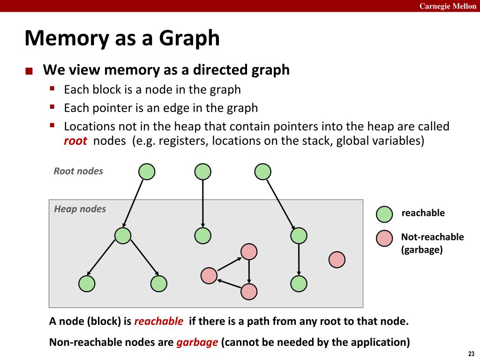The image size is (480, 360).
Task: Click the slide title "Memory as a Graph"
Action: tap(122, 38)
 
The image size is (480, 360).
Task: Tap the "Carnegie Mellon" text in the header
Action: tap(447, 6)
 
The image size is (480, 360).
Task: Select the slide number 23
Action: tap(471, 353)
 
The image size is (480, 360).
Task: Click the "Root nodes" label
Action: tap(78, 171)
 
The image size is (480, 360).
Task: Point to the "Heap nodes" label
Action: tap(80, 209)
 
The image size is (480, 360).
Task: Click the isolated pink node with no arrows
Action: tap(337, 259)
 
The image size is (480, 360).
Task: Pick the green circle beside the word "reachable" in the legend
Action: tap(384, 214)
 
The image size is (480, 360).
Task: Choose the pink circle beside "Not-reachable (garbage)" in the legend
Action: tap(384, 239)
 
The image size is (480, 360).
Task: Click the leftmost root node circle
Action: tap(147, 172)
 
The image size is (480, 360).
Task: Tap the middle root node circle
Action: tap(202, 172)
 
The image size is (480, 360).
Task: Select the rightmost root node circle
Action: tap(262, 172)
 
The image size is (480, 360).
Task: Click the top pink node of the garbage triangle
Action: tap(249, 252)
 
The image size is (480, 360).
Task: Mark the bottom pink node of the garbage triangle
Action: tap(249, 292)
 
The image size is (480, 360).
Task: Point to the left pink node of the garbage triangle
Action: tap(209, 276)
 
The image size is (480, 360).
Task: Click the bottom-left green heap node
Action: tap(87, 284)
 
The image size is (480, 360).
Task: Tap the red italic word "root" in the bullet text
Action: tap(75, 141)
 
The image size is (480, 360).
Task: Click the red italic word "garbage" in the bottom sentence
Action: tap(197, 342)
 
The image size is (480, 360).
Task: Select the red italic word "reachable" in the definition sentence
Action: tap(158, 322)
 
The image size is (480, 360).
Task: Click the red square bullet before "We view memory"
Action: tap(29, 72)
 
